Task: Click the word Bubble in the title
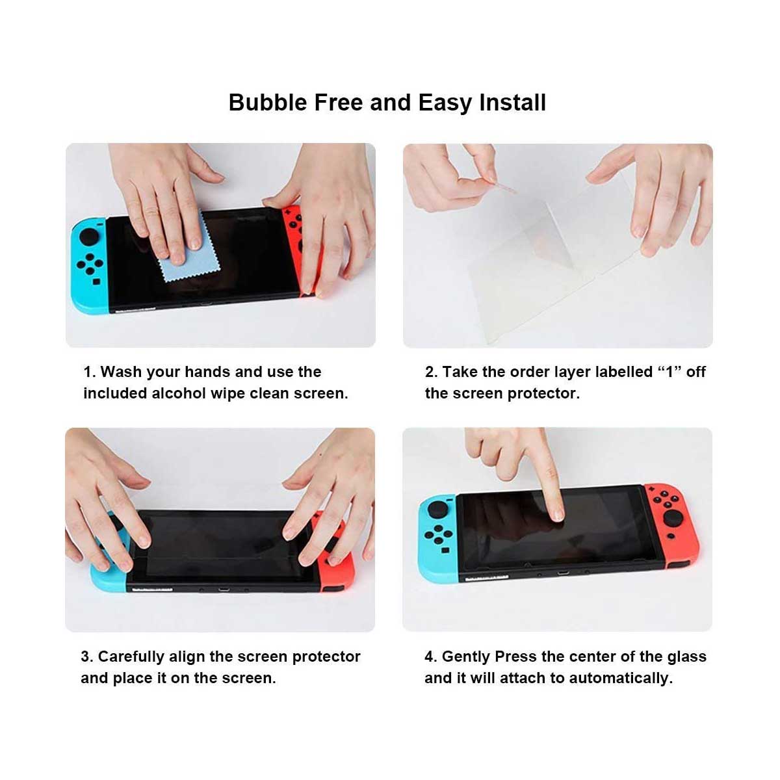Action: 268,103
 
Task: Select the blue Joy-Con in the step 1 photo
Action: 90,265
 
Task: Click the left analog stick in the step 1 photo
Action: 90,236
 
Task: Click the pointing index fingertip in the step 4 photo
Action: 558,515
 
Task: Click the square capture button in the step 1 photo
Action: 96,281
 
